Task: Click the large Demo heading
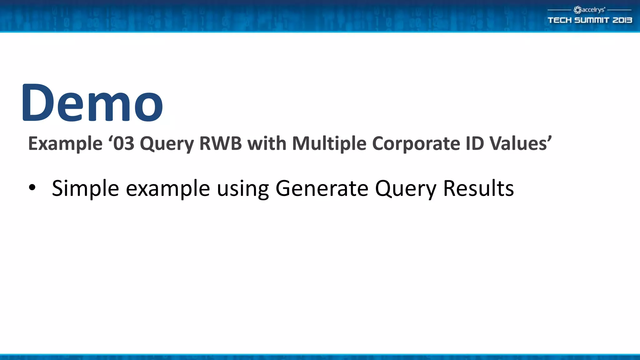coord(92,102)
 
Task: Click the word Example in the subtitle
coord(65,143)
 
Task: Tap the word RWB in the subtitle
coord(220,143)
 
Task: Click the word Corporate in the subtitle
coord(416,143)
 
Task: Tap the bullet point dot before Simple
coord(32,188)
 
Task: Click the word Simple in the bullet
coord(85,188)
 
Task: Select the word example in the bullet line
coord(168,188)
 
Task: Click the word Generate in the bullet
coord(322,188)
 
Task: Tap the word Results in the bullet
coord(478,188)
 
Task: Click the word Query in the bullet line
coord(406,188)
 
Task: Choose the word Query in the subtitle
coord(167,143)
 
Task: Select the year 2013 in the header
coord(622,20)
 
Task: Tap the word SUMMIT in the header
coord(592,20)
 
